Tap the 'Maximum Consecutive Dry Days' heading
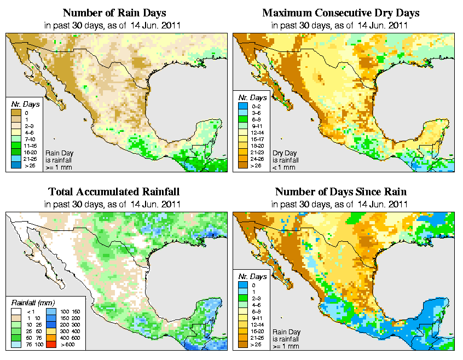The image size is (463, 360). point(340,13)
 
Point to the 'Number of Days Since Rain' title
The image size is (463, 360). point(340,192)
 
